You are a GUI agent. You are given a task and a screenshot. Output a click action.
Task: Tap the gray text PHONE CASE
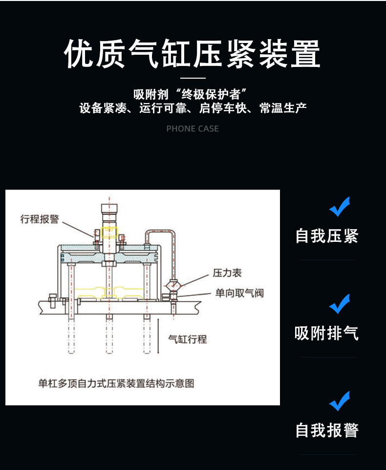point(193,129)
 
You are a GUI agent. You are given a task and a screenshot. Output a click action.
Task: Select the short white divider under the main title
point(193,78)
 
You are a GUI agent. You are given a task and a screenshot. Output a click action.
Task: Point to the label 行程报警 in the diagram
point(39,219)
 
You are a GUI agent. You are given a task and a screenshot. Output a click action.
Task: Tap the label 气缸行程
point(187,339)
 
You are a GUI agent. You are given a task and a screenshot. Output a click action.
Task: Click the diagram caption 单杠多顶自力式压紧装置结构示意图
point(116,384)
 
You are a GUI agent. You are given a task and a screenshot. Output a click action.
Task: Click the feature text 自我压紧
point(327,236)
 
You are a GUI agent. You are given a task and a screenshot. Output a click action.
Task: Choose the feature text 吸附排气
point(327,333)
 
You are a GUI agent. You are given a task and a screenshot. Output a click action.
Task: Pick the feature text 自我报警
point(327,430)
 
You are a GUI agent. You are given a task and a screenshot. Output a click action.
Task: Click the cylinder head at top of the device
point(110,212)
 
